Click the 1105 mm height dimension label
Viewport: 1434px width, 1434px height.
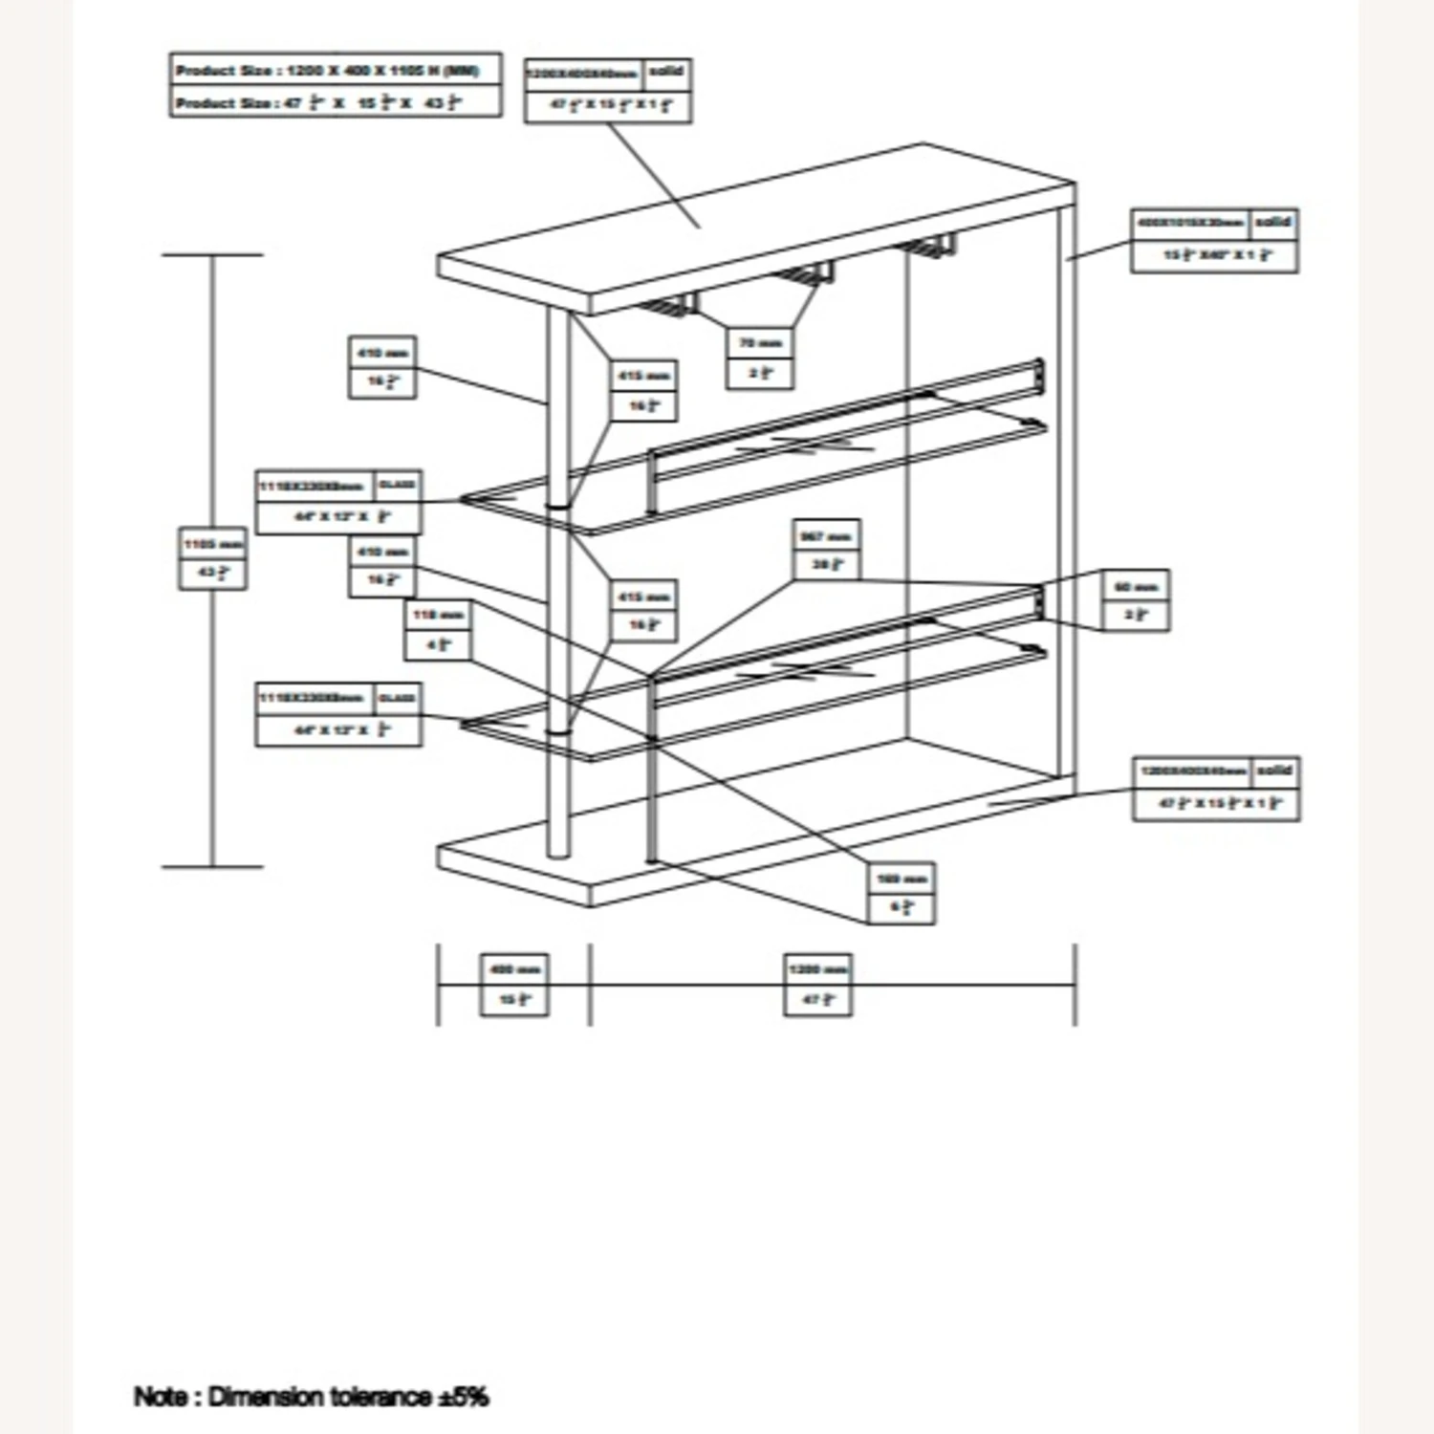[x=212, y=544]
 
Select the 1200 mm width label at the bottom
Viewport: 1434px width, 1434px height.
[x=817, y=969]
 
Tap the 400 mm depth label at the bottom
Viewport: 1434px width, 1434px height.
[x=514, y=969]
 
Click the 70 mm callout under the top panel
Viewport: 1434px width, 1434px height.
[x=760, y=343]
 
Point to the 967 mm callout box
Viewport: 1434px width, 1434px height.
[x=826, y=536]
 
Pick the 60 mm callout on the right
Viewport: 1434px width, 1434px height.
[x=1136, y=586]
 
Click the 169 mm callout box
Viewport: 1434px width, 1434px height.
[x=901, y=879]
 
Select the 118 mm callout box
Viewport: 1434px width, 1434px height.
[x=438, y=616]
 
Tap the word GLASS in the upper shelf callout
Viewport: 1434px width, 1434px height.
[x=398, y=486]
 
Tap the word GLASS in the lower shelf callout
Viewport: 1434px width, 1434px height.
[x=398, y=698]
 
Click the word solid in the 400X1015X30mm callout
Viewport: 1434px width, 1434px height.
[x=1273, y=222]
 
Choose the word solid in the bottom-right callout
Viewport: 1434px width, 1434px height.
[x=1274, y=770]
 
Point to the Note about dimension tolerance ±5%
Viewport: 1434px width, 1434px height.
[x=312, y=1397]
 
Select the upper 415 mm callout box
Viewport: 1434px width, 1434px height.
[x=644, y=376]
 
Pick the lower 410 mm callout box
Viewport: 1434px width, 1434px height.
[x=382, y=553]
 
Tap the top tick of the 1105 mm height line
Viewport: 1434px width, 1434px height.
[x=212, y=255]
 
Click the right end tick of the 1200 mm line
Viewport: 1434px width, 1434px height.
[x=1075, y=985]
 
